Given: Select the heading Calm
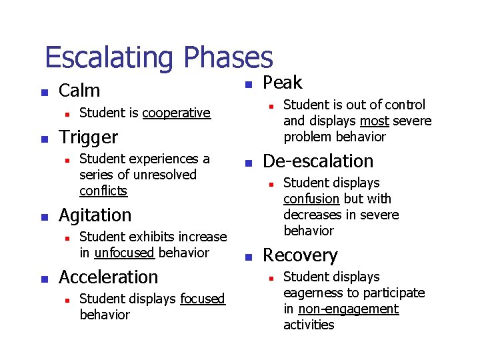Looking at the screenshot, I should coord(79,91).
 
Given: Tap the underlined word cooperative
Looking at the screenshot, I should coord(176,113).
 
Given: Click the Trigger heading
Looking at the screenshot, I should coord(88,137).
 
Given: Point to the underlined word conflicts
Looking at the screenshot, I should coord(103,191).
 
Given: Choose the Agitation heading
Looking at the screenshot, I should coord(95,215).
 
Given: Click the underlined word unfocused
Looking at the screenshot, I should coord(125,253).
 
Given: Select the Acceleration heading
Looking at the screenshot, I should coord(109,277).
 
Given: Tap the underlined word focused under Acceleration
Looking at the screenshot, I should coord(203,299).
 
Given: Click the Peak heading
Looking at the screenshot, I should coord(283,83).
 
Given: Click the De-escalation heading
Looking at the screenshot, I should coord(318,161).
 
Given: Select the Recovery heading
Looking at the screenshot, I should coord(300,255).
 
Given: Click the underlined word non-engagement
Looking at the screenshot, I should coord(348,309).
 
